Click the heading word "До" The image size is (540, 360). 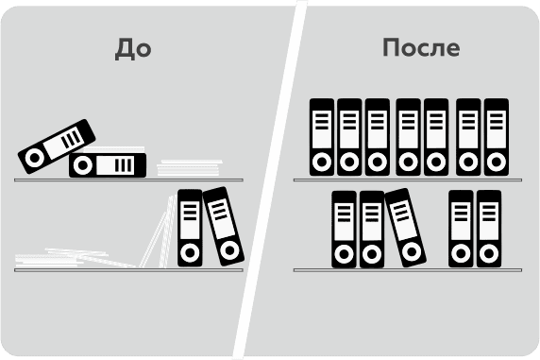[133, 49]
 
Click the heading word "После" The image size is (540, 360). [421, 47]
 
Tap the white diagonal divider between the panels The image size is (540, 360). [270, 180]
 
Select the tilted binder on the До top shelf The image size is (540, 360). [57, 146]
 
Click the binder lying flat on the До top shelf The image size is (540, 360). [108, 165]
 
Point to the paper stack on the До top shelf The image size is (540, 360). [190, 168]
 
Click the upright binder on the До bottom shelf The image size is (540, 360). [190, 228]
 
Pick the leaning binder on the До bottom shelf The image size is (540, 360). [224, 227]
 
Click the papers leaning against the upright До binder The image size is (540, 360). [159, 231]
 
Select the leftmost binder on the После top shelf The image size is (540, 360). [322, 137]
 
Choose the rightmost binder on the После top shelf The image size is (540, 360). [497, 137]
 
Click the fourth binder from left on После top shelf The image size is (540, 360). [408, 137]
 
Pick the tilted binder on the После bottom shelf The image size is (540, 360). [405, 228]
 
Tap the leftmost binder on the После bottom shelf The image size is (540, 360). [344, 230]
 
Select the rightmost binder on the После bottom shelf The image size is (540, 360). [489, 229]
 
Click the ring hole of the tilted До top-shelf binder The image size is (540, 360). [35, 159]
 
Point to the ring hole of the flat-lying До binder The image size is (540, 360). [83, 165]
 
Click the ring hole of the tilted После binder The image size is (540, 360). [412, 251]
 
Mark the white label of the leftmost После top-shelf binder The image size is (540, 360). [322, 129]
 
